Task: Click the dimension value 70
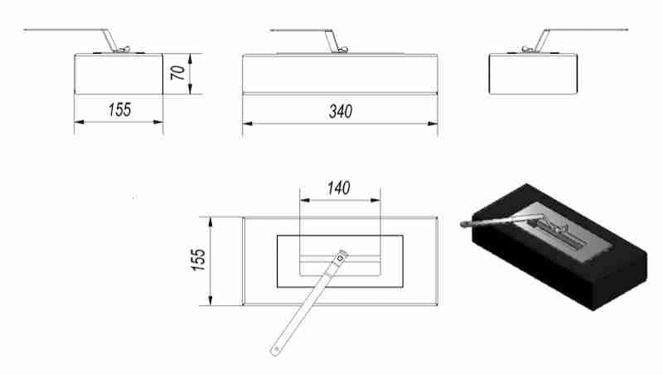[x=178, y=73]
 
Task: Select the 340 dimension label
[x=341, y=112]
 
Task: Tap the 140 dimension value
[x=339, y=188]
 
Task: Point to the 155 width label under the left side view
[x=119, y=110]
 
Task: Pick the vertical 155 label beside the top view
[x=198, y=260]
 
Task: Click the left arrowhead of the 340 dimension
[x=247, y=124]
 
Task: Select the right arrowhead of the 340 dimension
[x=432, y=124]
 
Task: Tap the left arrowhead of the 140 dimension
[x=305, y=200]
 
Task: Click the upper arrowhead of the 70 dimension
[x=191, y=59]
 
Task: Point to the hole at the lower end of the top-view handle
[x=276, y=350]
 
